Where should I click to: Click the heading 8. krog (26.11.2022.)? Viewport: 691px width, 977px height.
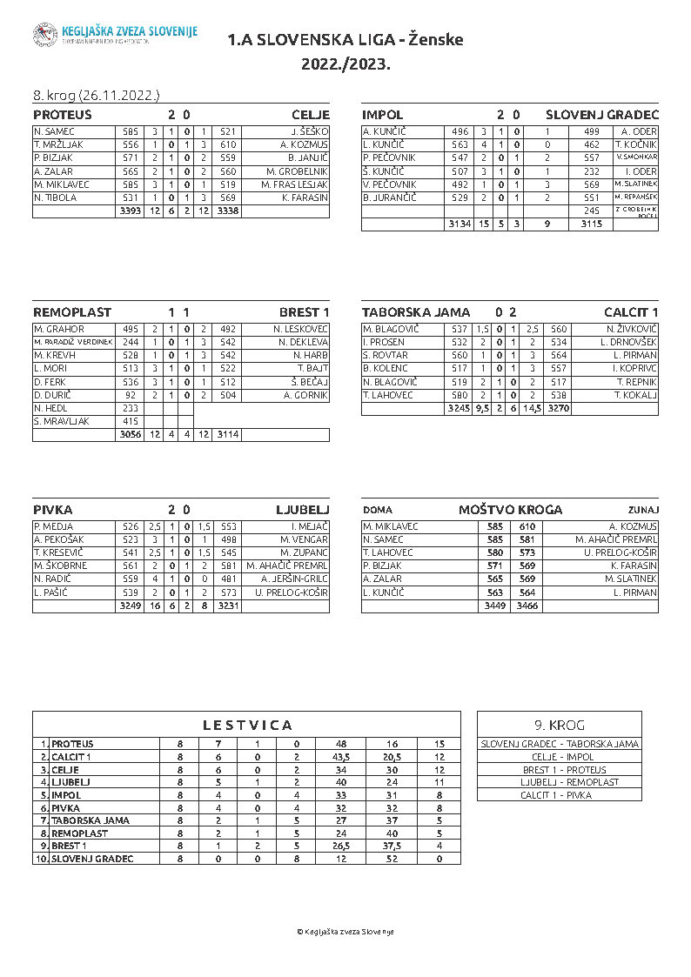(x=96, y=95)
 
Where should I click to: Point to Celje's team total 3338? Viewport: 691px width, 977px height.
(x=228, y=211)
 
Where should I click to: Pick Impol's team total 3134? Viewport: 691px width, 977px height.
(x=458, y=224)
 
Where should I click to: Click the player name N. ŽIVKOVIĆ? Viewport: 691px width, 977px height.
(x=633, y=329)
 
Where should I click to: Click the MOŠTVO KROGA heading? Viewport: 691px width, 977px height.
(x=510, y=510)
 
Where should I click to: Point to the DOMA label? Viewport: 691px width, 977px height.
(x=377, y=510)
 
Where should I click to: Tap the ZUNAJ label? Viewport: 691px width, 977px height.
(x=643, y=510)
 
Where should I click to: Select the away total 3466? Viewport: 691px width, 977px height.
(x=527, y=606)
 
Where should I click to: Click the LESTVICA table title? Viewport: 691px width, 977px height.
(x=247, y=725)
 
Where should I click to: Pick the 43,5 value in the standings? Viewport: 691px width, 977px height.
(x=340, y=758)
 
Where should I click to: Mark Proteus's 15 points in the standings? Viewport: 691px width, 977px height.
(x=439, y=745)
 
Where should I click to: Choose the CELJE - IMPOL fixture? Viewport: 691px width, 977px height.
(x=560, y=757)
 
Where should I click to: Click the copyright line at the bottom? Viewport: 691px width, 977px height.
(x=345, y=931)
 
